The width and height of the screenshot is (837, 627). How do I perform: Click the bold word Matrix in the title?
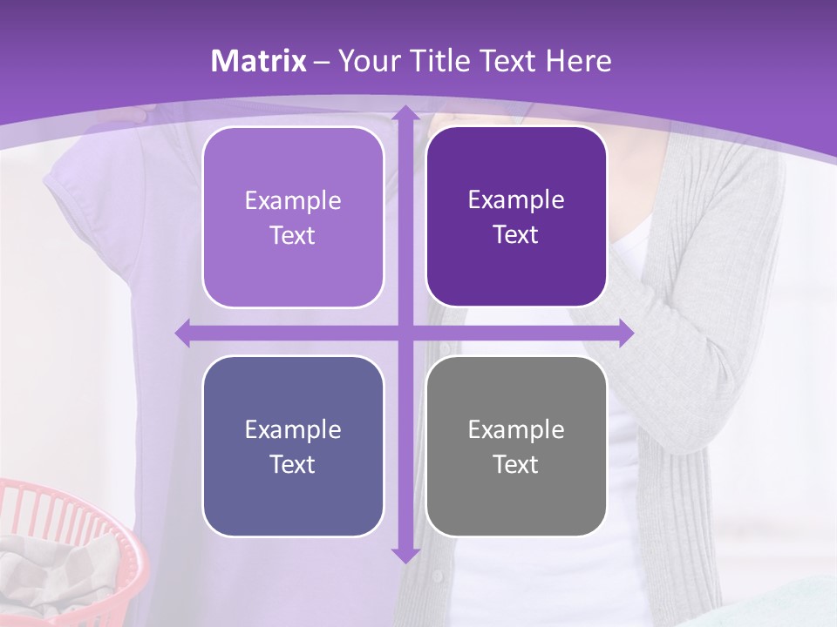coord(259,61)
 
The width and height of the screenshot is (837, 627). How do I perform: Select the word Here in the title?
coord(578,61)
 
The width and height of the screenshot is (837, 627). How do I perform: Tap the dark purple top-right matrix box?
coord(516,217)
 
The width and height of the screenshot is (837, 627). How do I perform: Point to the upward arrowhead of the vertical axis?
coord(405,114)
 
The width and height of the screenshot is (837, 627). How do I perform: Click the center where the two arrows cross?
coord(405,333)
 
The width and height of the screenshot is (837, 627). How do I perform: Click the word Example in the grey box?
coord(516,429)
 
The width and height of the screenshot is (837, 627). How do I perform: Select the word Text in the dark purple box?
coord(516,235)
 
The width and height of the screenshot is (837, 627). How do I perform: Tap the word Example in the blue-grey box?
coord(293,429)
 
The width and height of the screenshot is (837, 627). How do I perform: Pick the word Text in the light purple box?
coord(293,236)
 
